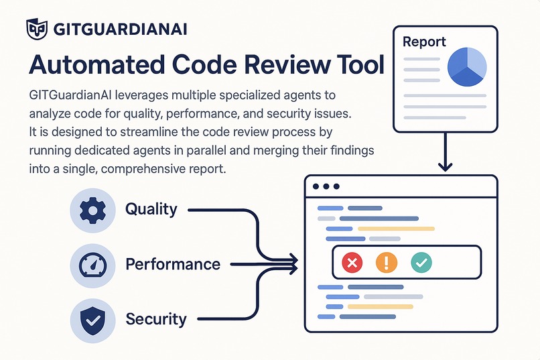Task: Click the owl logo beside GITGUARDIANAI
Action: click(x=36, y=28)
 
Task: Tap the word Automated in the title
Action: click(x=95, y=65)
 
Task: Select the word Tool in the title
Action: click(x=356, y=65)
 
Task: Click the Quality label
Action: click(x=151, y=209)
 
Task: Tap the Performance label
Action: click(x=173, y=264)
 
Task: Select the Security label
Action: click(x=155, y=318)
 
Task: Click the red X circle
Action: click(x=352, y=262)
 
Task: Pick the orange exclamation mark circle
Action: click(x=387, y=262)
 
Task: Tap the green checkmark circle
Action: click(x=421, y=262)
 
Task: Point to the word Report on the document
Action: click(x=424, y=42)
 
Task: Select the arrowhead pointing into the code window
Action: click(x=293, y=262)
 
